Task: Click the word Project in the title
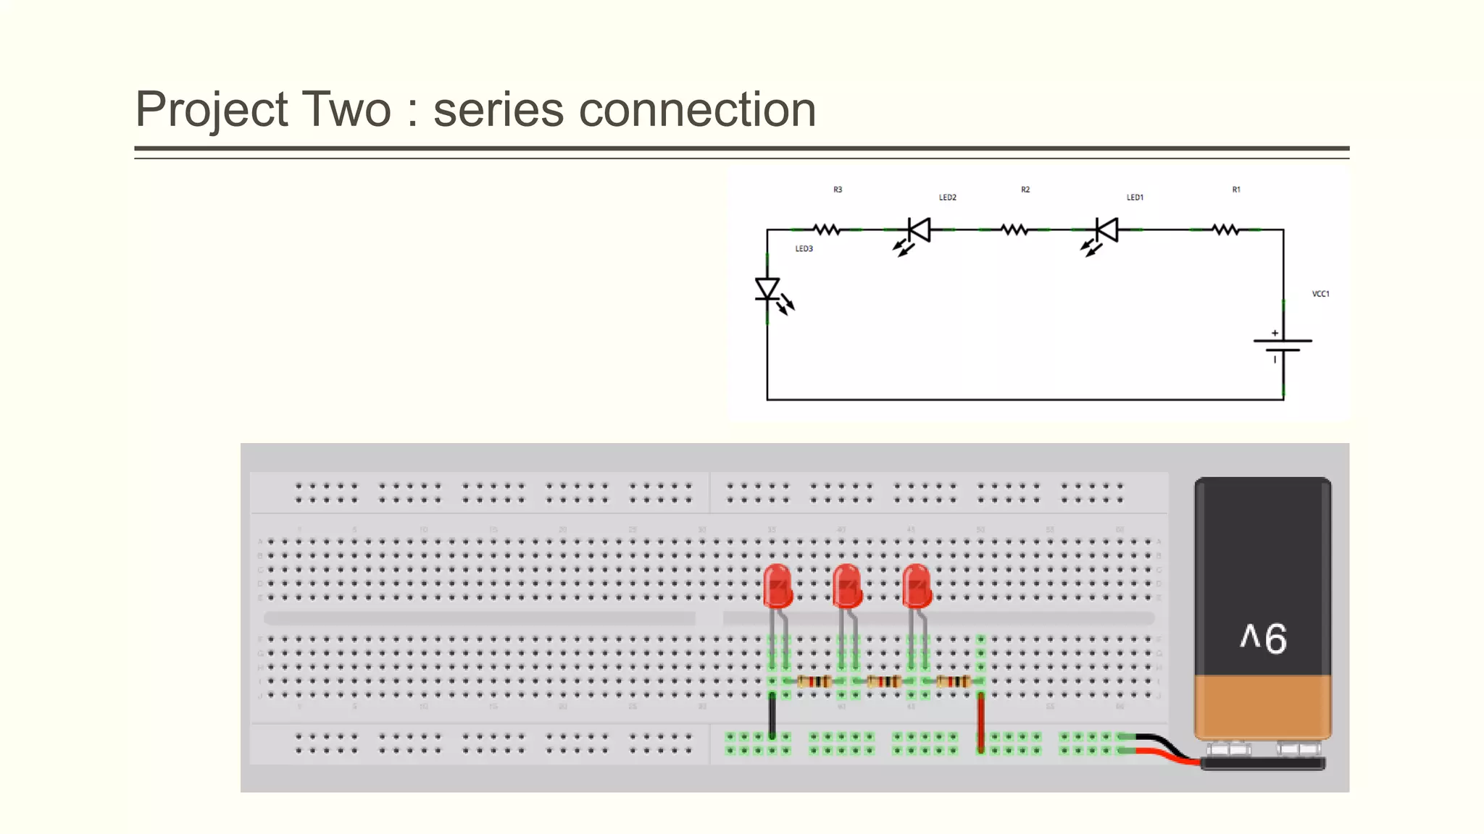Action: point(212,110)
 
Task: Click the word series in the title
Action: point(499,110)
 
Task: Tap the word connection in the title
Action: point(697,110)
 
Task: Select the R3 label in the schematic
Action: point(838,190)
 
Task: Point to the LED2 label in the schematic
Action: point(947,198)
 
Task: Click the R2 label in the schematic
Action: point(1025,190)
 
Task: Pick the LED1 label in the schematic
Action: point(1135,198)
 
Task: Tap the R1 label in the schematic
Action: point(1236,190)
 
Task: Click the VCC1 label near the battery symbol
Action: point(1320,294)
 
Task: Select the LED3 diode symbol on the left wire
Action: point(768,290)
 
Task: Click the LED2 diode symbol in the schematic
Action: point(919,230)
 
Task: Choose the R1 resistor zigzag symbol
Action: point(1226,230)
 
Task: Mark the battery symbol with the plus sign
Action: point(1283,345)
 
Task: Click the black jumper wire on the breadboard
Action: point(772,715)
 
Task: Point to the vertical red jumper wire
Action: point(981,721)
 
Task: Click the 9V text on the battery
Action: point(1263,639)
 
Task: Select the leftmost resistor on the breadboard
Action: point(814,681)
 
